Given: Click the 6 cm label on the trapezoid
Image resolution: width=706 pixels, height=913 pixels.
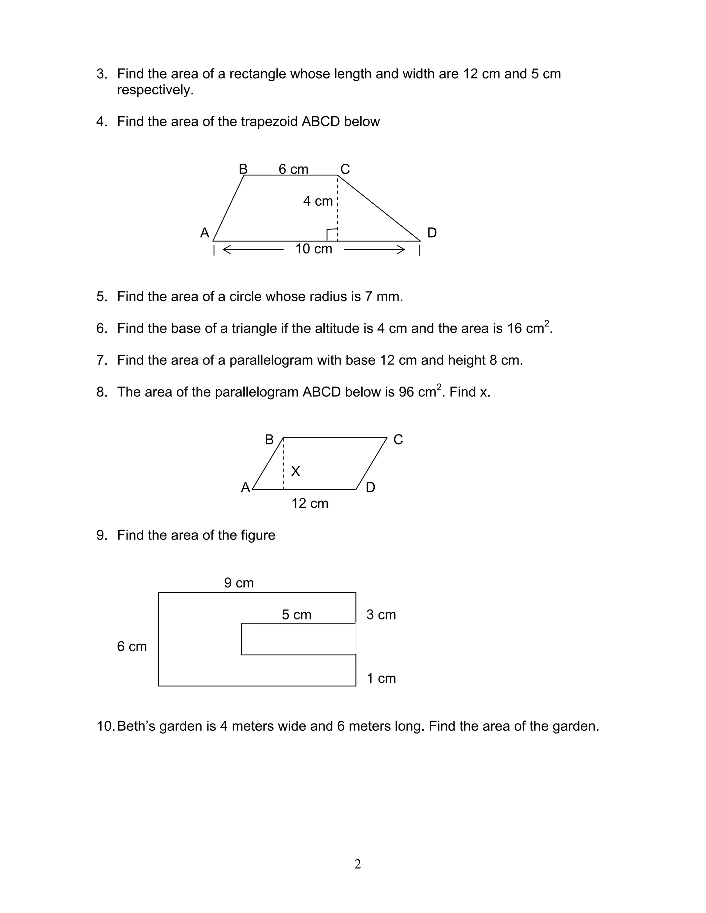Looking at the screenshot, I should pyautogui.click(x=293, y=169).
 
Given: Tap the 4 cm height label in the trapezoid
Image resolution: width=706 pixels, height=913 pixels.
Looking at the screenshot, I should pyautogui.click(x=318, y=201).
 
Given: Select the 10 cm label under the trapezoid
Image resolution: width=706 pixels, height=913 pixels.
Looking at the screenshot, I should pyautogui.click(x=313, y=249).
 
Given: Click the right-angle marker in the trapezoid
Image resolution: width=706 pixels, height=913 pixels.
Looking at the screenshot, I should pyautogui.click(x=332, y=235).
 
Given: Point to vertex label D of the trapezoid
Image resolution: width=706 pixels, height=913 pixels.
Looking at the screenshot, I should pyautogui.click(x=432, y=233).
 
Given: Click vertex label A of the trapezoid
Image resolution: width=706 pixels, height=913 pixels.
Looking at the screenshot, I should pyautogui.click(x=204, y=233).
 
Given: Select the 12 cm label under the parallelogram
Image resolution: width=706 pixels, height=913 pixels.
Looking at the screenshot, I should pyautogui.click(x=310, y=503).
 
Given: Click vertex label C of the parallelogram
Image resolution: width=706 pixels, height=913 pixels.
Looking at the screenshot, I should pyautogui.click(x=398, y=440).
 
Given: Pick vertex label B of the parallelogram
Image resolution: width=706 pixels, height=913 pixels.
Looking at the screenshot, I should pyautogui.click(x=269, y=440).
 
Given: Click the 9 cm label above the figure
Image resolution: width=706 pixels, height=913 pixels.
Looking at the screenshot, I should pyautogui.click(x=239, y=583).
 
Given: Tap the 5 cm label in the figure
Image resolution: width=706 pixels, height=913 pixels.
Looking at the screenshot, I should pyautogui.click(x=296, y=615).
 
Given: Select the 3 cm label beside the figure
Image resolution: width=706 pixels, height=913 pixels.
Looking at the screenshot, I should pyautogui.click(x=381, y=615).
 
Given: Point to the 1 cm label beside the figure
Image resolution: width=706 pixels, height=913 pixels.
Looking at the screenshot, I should pyautogui.click(x=381, y=678).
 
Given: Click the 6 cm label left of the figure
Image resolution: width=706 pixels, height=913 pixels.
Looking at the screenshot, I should pyautogui.click(x=132, y=646).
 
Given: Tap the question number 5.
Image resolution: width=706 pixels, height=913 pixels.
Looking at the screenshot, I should pyautogui.click(x=102, y=297).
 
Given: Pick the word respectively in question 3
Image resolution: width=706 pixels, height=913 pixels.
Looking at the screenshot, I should pyautogui.click(x=155, y=90).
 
